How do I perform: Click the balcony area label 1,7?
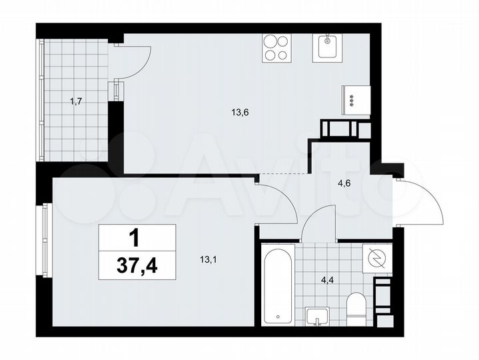(76, 102)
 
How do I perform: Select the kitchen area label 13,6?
(240, 113)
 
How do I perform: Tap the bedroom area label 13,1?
(209, 260)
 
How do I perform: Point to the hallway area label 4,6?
(344, 184)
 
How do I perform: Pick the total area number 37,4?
(137, 265)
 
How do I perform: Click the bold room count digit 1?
(135, 239)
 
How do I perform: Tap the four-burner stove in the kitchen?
(276, 48)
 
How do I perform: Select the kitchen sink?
(327, 48)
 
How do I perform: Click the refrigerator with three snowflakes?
(356, 101)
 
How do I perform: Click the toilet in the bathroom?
(356, 309)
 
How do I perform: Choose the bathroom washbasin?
(317, 317)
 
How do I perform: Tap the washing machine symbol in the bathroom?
(377, 258)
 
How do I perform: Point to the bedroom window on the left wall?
(45, 241)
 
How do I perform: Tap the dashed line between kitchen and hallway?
(284, 173)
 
